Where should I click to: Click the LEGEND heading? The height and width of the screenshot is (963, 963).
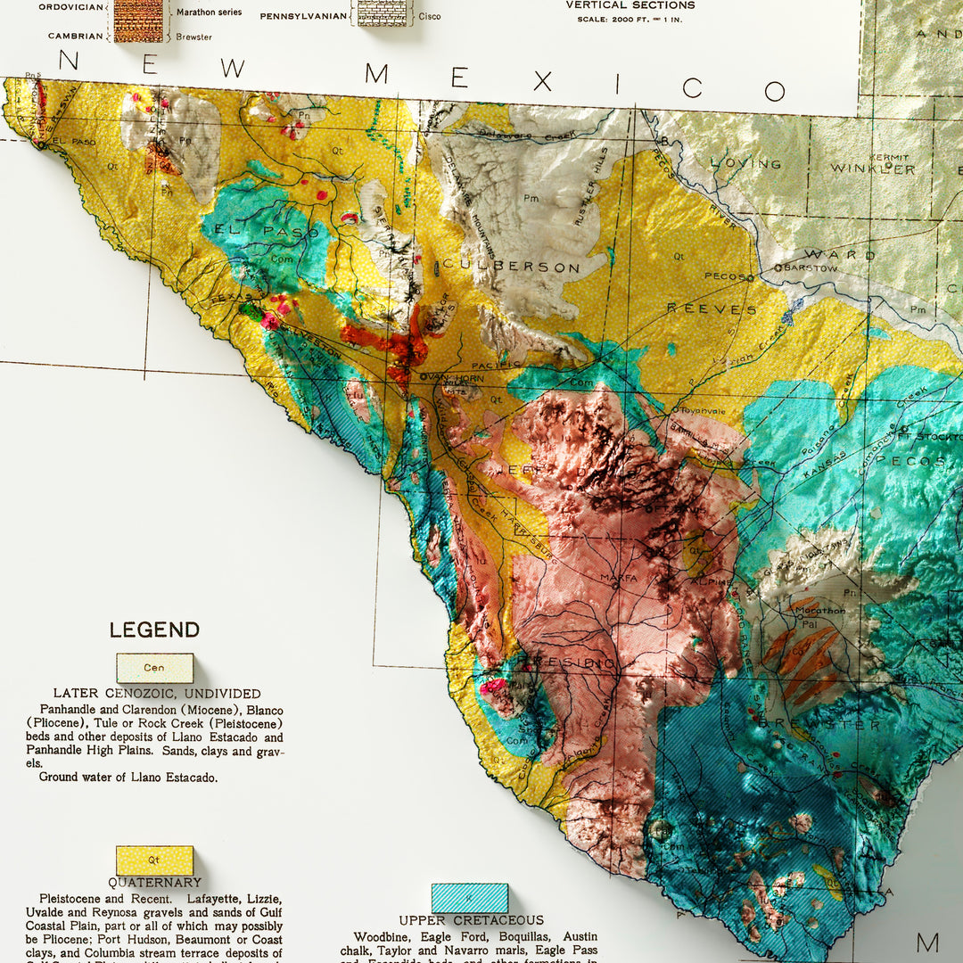point(154,630)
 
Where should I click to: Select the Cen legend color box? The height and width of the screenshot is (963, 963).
point(154,668)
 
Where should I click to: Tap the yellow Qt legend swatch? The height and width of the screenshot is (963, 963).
point(154,860)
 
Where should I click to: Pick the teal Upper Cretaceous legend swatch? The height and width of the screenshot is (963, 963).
point(469,898)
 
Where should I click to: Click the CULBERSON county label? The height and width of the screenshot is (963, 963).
point(512,267)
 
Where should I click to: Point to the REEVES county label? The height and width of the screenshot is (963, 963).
point(711,309)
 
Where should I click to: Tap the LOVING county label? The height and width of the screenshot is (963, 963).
point(745,164)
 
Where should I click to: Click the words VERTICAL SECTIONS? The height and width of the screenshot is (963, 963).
point(630,5)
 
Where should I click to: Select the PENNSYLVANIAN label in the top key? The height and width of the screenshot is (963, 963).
point(303,16)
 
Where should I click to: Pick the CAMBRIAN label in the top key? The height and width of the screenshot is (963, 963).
point(76,37)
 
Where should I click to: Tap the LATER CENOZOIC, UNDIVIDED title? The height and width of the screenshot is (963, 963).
point(157,693)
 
